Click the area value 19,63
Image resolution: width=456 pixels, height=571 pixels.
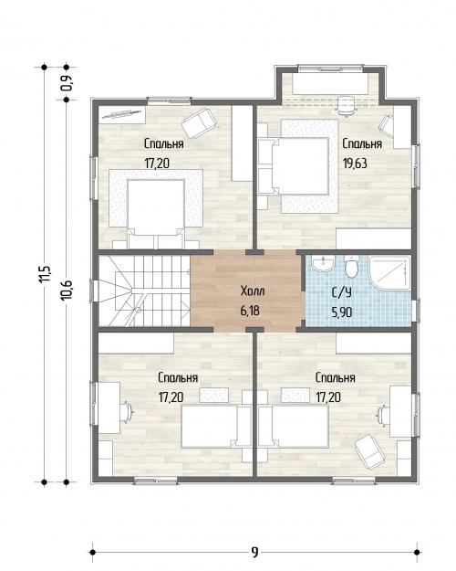point(355,164)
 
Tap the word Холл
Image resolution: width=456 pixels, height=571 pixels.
point(253,291)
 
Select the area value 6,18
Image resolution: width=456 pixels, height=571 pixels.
point(250,311)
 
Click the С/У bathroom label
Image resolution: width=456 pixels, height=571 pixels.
point(342,292)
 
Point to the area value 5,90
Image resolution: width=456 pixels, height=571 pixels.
point(342,312)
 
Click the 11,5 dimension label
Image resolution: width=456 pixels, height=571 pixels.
point(46,274)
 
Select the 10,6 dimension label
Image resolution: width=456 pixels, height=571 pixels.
point(67,290)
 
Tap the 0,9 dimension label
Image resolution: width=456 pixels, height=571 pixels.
point(67,83)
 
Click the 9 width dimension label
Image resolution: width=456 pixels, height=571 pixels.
point(254,552)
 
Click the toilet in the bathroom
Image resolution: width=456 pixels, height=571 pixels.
point(352,266)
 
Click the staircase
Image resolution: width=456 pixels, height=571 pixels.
point(144,291)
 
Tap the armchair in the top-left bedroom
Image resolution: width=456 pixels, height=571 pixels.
point(199,122)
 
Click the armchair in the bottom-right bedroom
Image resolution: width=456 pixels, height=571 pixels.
point(370,452)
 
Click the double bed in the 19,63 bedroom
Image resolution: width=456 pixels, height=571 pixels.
point(294,166)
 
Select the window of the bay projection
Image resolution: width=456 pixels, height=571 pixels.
point(330,68)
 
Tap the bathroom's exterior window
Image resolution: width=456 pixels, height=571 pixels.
point(418,311)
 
